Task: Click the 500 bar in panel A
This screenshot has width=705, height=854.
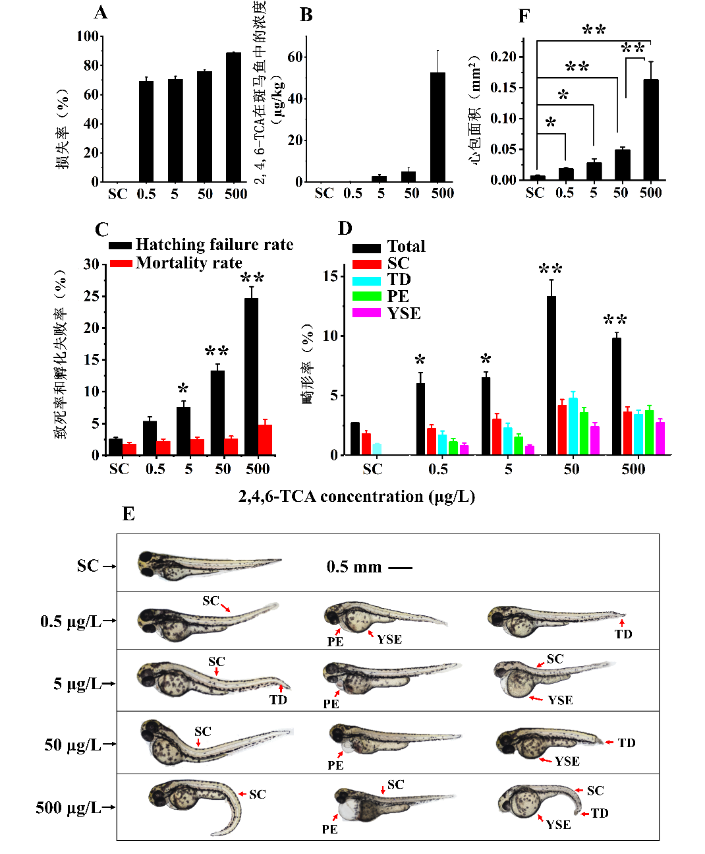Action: (233, 117)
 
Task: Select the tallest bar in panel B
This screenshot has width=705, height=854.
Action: (437, 127)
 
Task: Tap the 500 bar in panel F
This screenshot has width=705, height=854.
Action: (651, 130)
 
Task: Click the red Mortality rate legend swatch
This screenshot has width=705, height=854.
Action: (121, 263)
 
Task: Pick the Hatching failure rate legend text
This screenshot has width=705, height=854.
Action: (214, 245)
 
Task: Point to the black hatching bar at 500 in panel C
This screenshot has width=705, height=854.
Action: (251, 377)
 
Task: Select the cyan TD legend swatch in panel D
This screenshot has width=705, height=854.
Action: (366, 280)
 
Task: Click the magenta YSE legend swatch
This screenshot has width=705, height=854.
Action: (366, 313)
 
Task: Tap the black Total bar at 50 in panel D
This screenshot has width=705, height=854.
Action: (551, 375)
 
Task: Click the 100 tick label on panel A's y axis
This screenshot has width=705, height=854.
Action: (88, 36)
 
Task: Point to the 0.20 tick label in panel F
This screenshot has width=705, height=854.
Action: (503, 57)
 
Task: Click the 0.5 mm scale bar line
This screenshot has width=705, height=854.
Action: (400, 568)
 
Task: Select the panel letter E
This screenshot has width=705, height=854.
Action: (128, 514)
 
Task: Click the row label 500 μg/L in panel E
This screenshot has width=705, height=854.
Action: (68, 808)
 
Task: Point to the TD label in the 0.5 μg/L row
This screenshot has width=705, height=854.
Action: (623, 634)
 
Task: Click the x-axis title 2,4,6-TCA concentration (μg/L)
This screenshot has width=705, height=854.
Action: (356, 497)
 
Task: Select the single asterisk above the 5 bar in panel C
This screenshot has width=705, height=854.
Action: (183, 389)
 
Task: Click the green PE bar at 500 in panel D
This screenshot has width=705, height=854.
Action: (650, 433)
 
